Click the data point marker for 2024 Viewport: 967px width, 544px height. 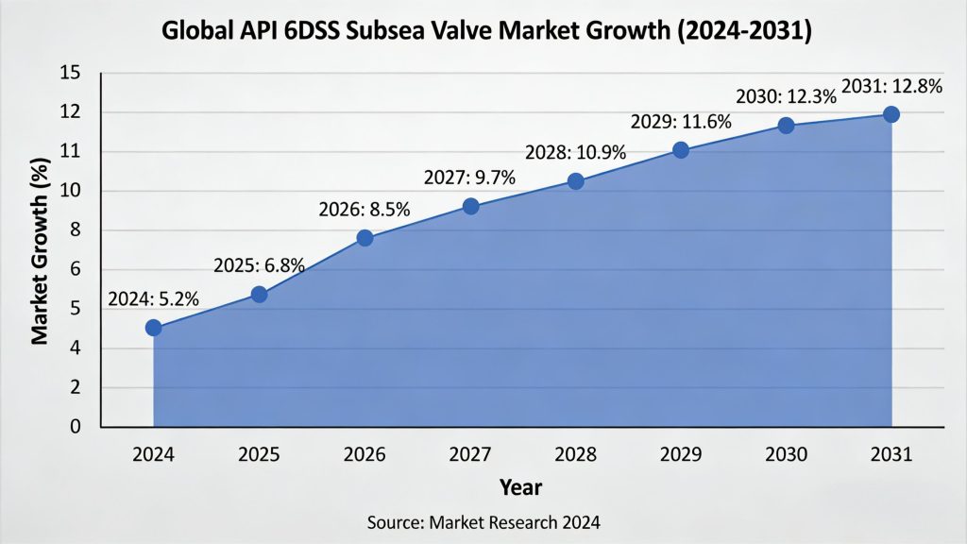pyautogui.click(x=154, y=328)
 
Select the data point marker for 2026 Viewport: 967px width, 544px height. pyautogui.click(x=365, y=238)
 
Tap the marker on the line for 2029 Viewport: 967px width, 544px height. pyautogui.click(x=681, y=149)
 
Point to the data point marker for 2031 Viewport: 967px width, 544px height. pyautogui.click(x=891, y=114)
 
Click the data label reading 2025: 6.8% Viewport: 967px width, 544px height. pyautogui.click(x=259, y=265)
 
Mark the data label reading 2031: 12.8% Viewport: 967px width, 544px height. pyautogui.click(x=891, y=86)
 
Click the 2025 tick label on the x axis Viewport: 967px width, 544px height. pyautogui.click(x=259, y=455)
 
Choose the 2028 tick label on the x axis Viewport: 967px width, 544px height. pyautogui.click(x=575, y=455)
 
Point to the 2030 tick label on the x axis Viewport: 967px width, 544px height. pyautogui.click(x=786, y=455)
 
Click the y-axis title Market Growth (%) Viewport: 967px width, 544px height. pyautogui.click(x=41, y=250)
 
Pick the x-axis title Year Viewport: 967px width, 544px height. pyautogui.click(x=520, y=487)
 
